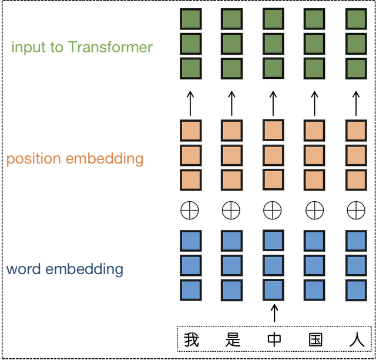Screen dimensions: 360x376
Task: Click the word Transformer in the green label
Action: (110, 47)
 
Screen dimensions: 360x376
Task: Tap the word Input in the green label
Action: (28, 47)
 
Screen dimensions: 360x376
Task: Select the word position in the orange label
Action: (33, 159)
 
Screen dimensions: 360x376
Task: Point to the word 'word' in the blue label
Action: (23, 270)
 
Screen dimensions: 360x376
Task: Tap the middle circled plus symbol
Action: (273, 209)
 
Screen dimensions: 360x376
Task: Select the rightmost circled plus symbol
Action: (356, 209)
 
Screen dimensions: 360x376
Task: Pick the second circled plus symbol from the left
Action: (231, 209)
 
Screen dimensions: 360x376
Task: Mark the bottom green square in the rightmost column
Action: (356, 68)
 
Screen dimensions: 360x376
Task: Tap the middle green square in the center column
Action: (273, 44)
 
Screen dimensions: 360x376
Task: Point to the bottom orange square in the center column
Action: (273, 179)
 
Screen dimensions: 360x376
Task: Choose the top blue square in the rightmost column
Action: (356, 241)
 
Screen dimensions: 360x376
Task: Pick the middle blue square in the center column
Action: (273, 265)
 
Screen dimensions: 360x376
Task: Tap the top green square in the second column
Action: (231, 19)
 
